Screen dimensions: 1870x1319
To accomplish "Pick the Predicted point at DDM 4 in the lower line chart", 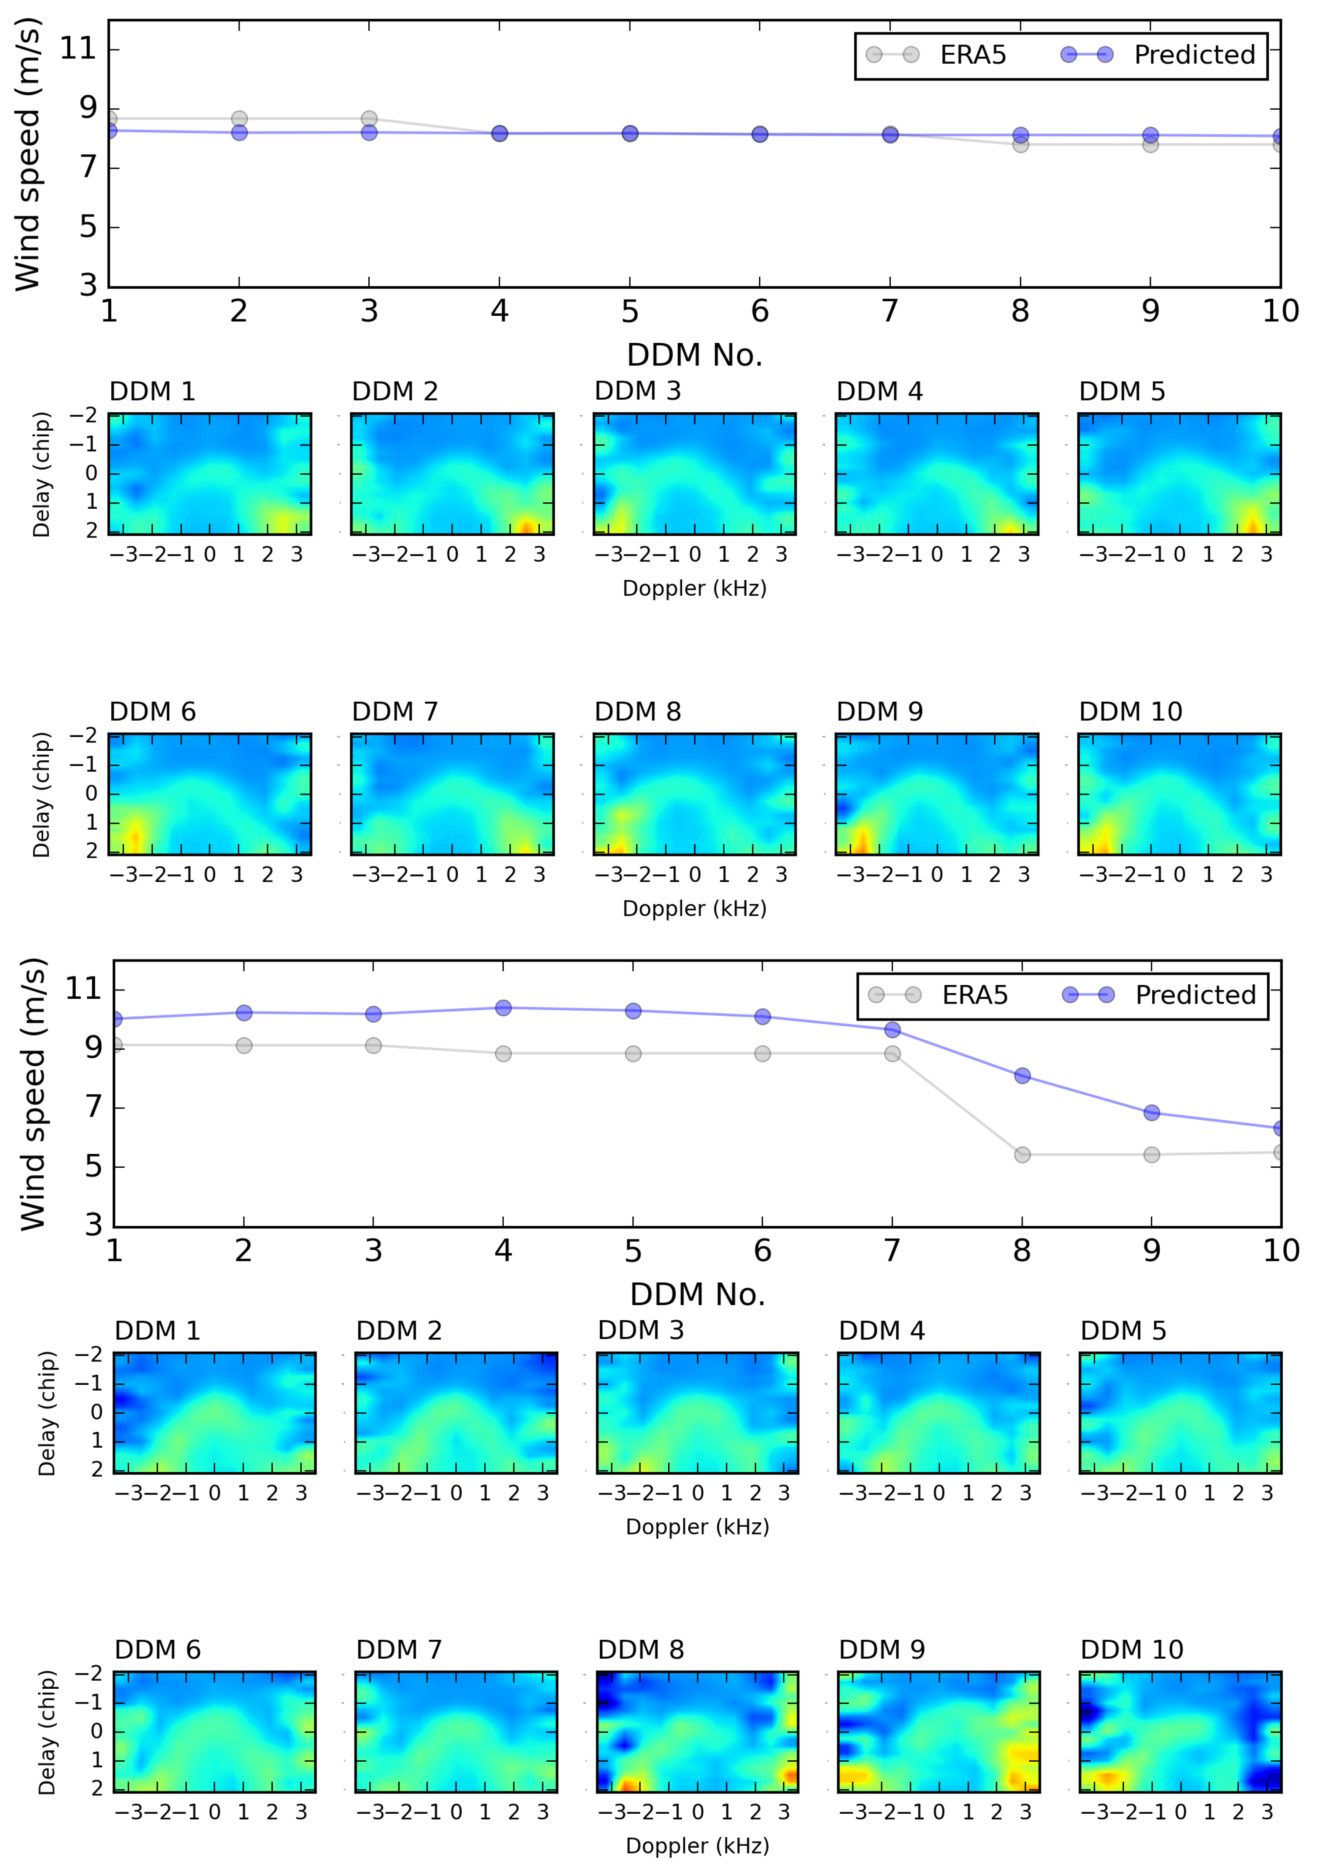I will coord(503,1008).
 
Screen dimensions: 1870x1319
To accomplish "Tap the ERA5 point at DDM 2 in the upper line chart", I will coord(239,119).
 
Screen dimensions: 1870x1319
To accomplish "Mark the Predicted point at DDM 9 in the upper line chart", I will coord(1151,135).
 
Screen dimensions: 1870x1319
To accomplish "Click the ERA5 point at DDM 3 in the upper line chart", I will coord(369,119).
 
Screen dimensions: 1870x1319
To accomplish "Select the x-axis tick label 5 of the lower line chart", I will coord(632,1251).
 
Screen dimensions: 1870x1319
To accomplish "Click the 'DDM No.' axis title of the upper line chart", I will coord(694,355).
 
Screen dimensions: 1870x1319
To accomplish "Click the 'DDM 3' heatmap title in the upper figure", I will coord(638,392).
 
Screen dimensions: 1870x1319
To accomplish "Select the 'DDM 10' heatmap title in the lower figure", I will coord(1131,1650).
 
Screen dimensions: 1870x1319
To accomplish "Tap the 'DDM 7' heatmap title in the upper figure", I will coord(395,712).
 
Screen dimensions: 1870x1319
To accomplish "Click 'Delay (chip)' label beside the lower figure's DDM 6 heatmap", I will coord(47,1733).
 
